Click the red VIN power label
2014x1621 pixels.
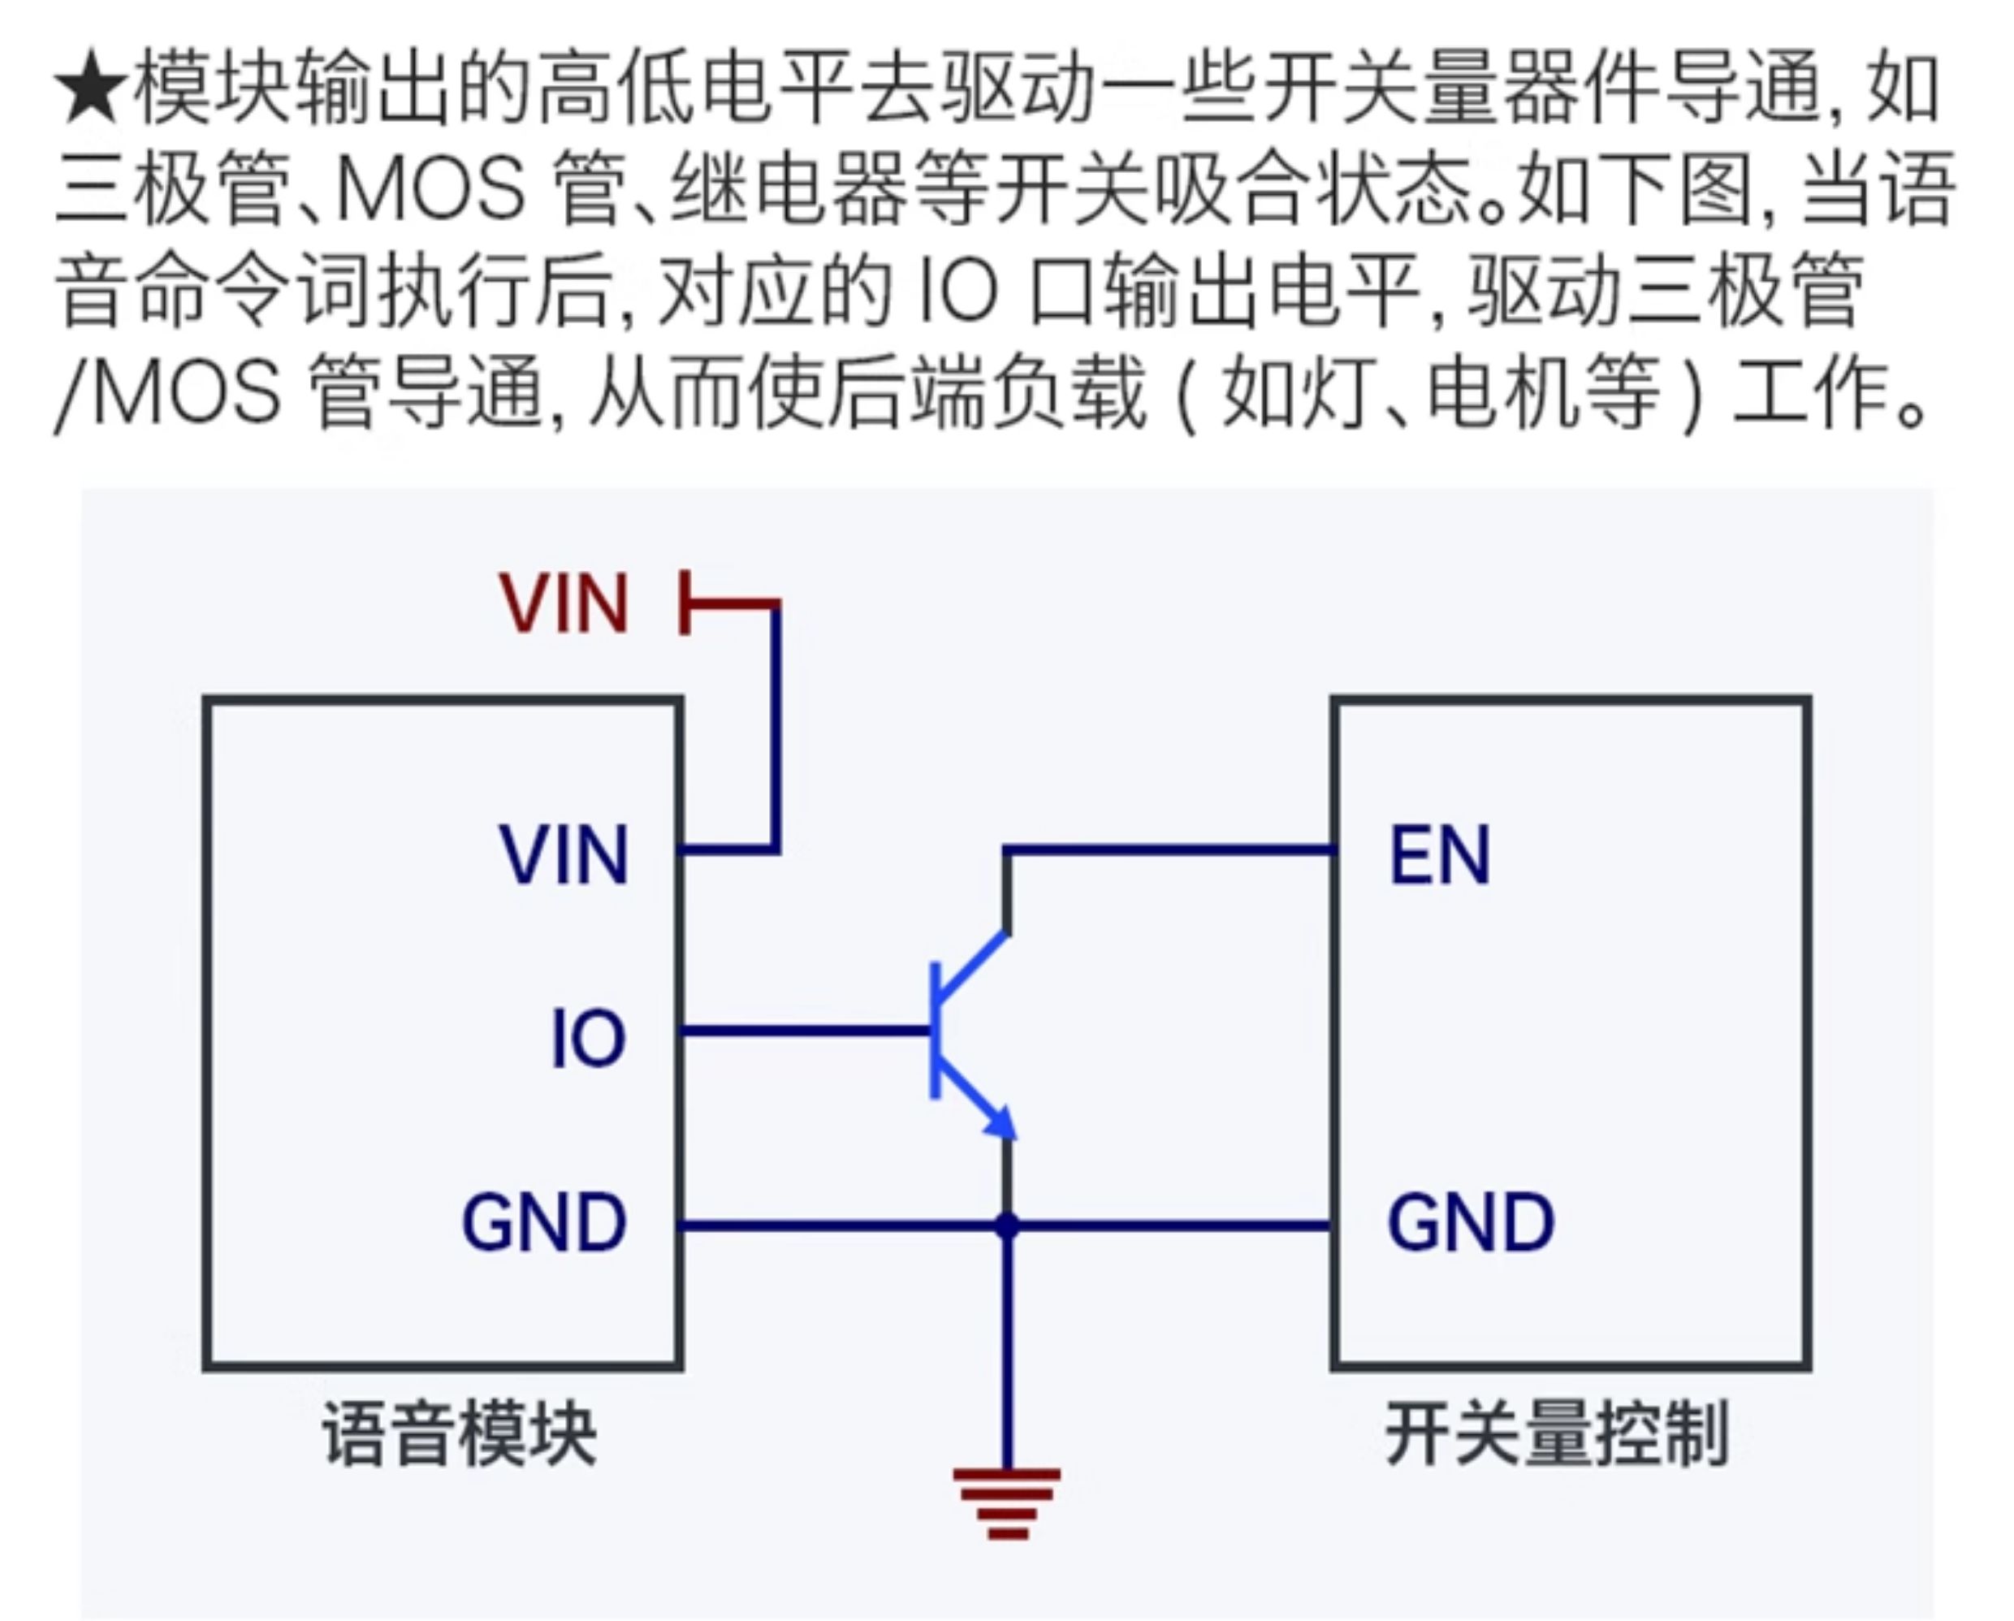[x=564, y=603]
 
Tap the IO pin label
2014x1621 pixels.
[x=589, y=1037]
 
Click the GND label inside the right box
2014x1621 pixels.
[x=1471, y=1221]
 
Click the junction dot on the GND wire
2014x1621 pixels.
[x=1007, y=1225]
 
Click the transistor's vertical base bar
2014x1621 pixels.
[x=935, y=1031]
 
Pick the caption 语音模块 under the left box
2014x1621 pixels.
[x=459, y=1433]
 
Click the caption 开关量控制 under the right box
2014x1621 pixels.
[x=1556, y=1433]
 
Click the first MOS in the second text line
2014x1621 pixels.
[x=431, y=190]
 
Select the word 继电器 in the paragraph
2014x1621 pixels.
[x=789, y=190]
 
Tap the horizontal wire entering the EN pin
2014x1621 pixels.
[x=1169, y=850]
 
